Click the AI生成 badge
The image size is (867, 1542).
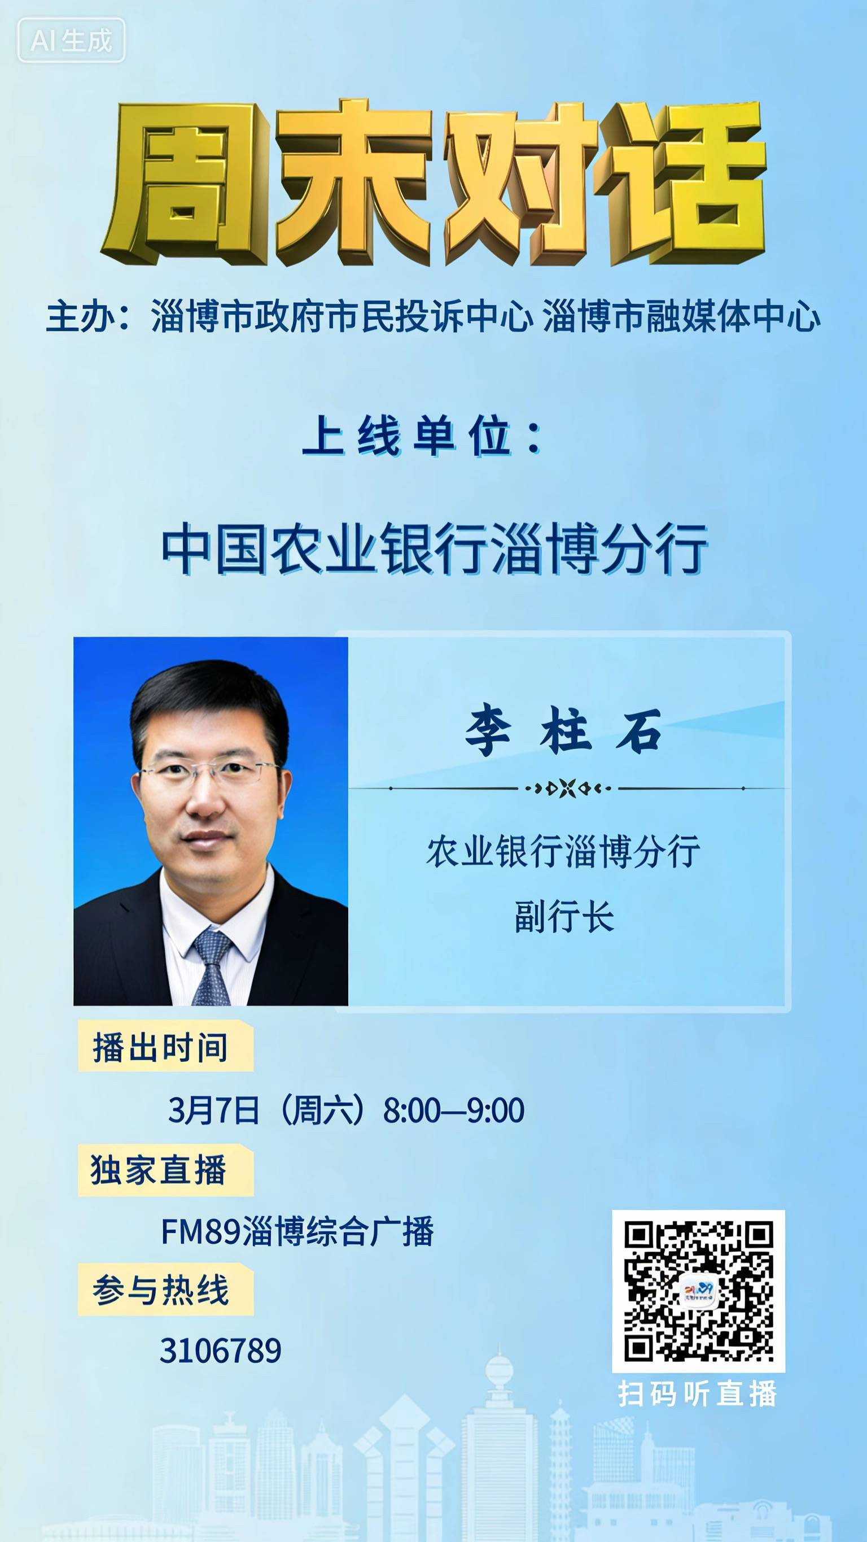[x=71, y=40]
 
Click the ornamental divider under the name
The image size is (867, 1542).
[x=567, y=789]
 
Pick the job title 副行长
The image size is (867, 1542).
[x=564, y=917]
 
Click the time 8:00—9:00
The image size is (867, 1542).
[x=454, y=1110]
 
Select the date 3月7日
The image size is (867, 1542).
[x=213, y=1110]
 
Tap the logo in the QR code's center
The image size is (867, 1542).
[x=699, y=1291]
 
